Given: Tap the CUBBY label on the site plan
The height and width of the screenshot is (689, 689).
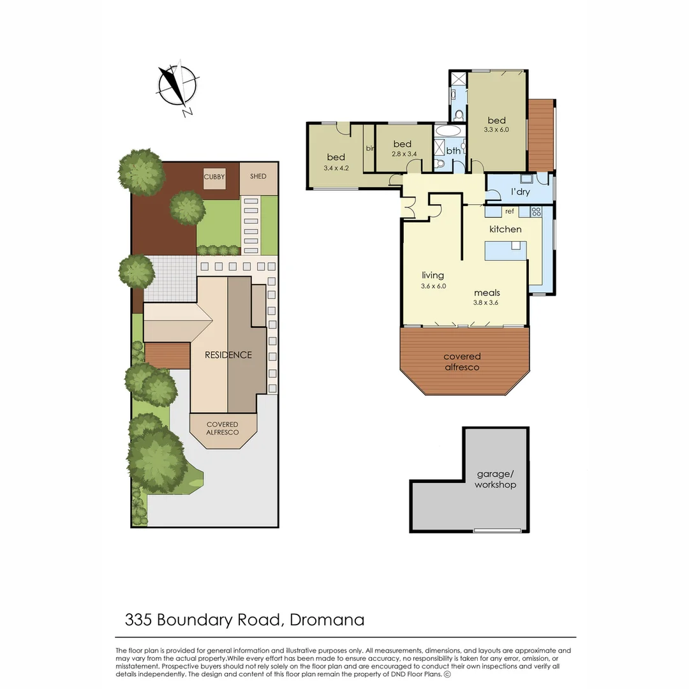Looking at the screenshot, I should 214,177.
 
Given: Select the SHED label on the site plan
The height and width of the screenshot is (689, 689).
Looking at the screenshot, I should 258,177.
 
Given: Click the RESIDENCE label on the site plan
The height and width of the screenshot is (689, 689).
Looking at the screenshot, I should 228,355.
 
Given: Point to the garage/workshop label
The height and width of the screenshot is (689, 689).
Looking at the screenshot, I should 495,479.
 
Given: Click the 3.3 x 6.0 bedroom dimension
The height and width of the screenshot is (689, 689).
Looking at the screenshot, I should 496,130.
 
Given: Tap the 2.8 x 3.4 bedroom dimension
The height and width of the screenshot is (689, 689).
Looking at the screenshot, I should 403,154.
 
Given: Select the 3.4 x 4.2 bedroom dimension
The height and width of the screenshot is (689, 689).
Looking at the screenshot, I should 336,168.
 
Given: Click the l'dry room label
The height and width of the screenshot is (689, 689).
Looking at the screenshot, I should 521,192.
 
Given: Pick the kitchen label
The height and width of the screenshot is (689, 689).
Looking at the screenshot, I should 505,229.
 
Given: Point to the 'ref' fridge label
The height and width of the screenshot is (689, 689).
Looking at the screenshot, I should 510,211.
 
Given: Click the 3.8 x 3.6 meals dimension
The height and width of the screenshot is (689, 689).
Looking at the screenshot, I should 486,302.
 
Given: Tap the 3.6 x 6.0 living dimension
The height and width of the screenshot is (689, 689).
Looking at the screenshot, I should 433,286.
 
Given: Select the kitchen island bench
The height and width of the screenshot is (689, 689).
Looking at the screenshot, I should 507,250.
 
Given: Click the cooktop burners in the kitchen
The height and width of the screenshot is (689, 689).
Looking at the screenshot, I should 536,211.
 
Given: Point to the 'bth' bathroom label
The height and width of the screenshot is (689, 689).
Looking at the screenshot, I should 454,151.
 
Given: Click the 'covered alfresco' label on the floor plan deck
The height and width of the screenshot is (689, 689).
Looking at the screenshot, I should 462,362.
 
